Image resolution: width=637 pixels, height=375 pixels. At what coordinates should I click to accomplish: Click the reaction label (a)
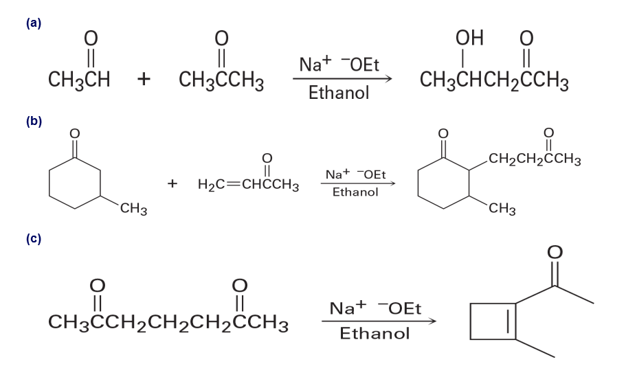pos(34,23)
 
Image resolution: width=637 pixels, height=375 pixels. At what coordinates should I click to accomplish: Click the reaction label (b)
pos(34,122)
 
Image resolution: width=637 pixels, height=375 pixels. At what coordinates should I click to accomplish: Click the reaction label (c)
pos(34,238)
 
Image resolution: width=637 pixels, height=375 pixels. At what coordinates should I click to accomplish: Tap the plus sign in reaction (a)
pos(144,80)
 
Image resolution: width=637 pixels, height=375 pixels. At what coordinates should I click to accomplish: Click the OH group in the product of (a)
pos(469,38)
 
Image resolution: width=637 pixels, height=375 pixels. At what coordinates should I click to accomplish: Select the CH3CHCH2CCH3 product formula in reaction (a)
pos(493,80)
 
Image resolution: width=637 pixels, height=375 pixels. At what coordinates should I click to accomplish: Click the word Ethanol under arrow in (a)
pos(339,93)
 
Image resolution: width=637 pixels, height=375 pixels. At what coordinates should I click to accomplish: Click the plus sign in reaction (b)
pos(173,183)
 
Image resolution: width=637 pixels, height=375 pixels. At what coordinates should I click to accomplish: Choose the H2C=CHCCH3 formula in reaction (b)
pos(247,185)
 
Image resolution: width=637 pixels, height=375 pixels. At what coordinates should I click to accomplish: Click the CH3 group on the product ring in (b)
pos(502,209)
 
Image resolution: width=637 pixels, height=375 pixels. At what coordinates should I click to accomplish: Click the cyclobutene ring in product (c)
pos(493,320)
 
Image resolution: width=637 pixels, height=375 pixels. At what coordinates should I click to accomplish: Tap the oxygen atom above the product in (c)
pos(555,254)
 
